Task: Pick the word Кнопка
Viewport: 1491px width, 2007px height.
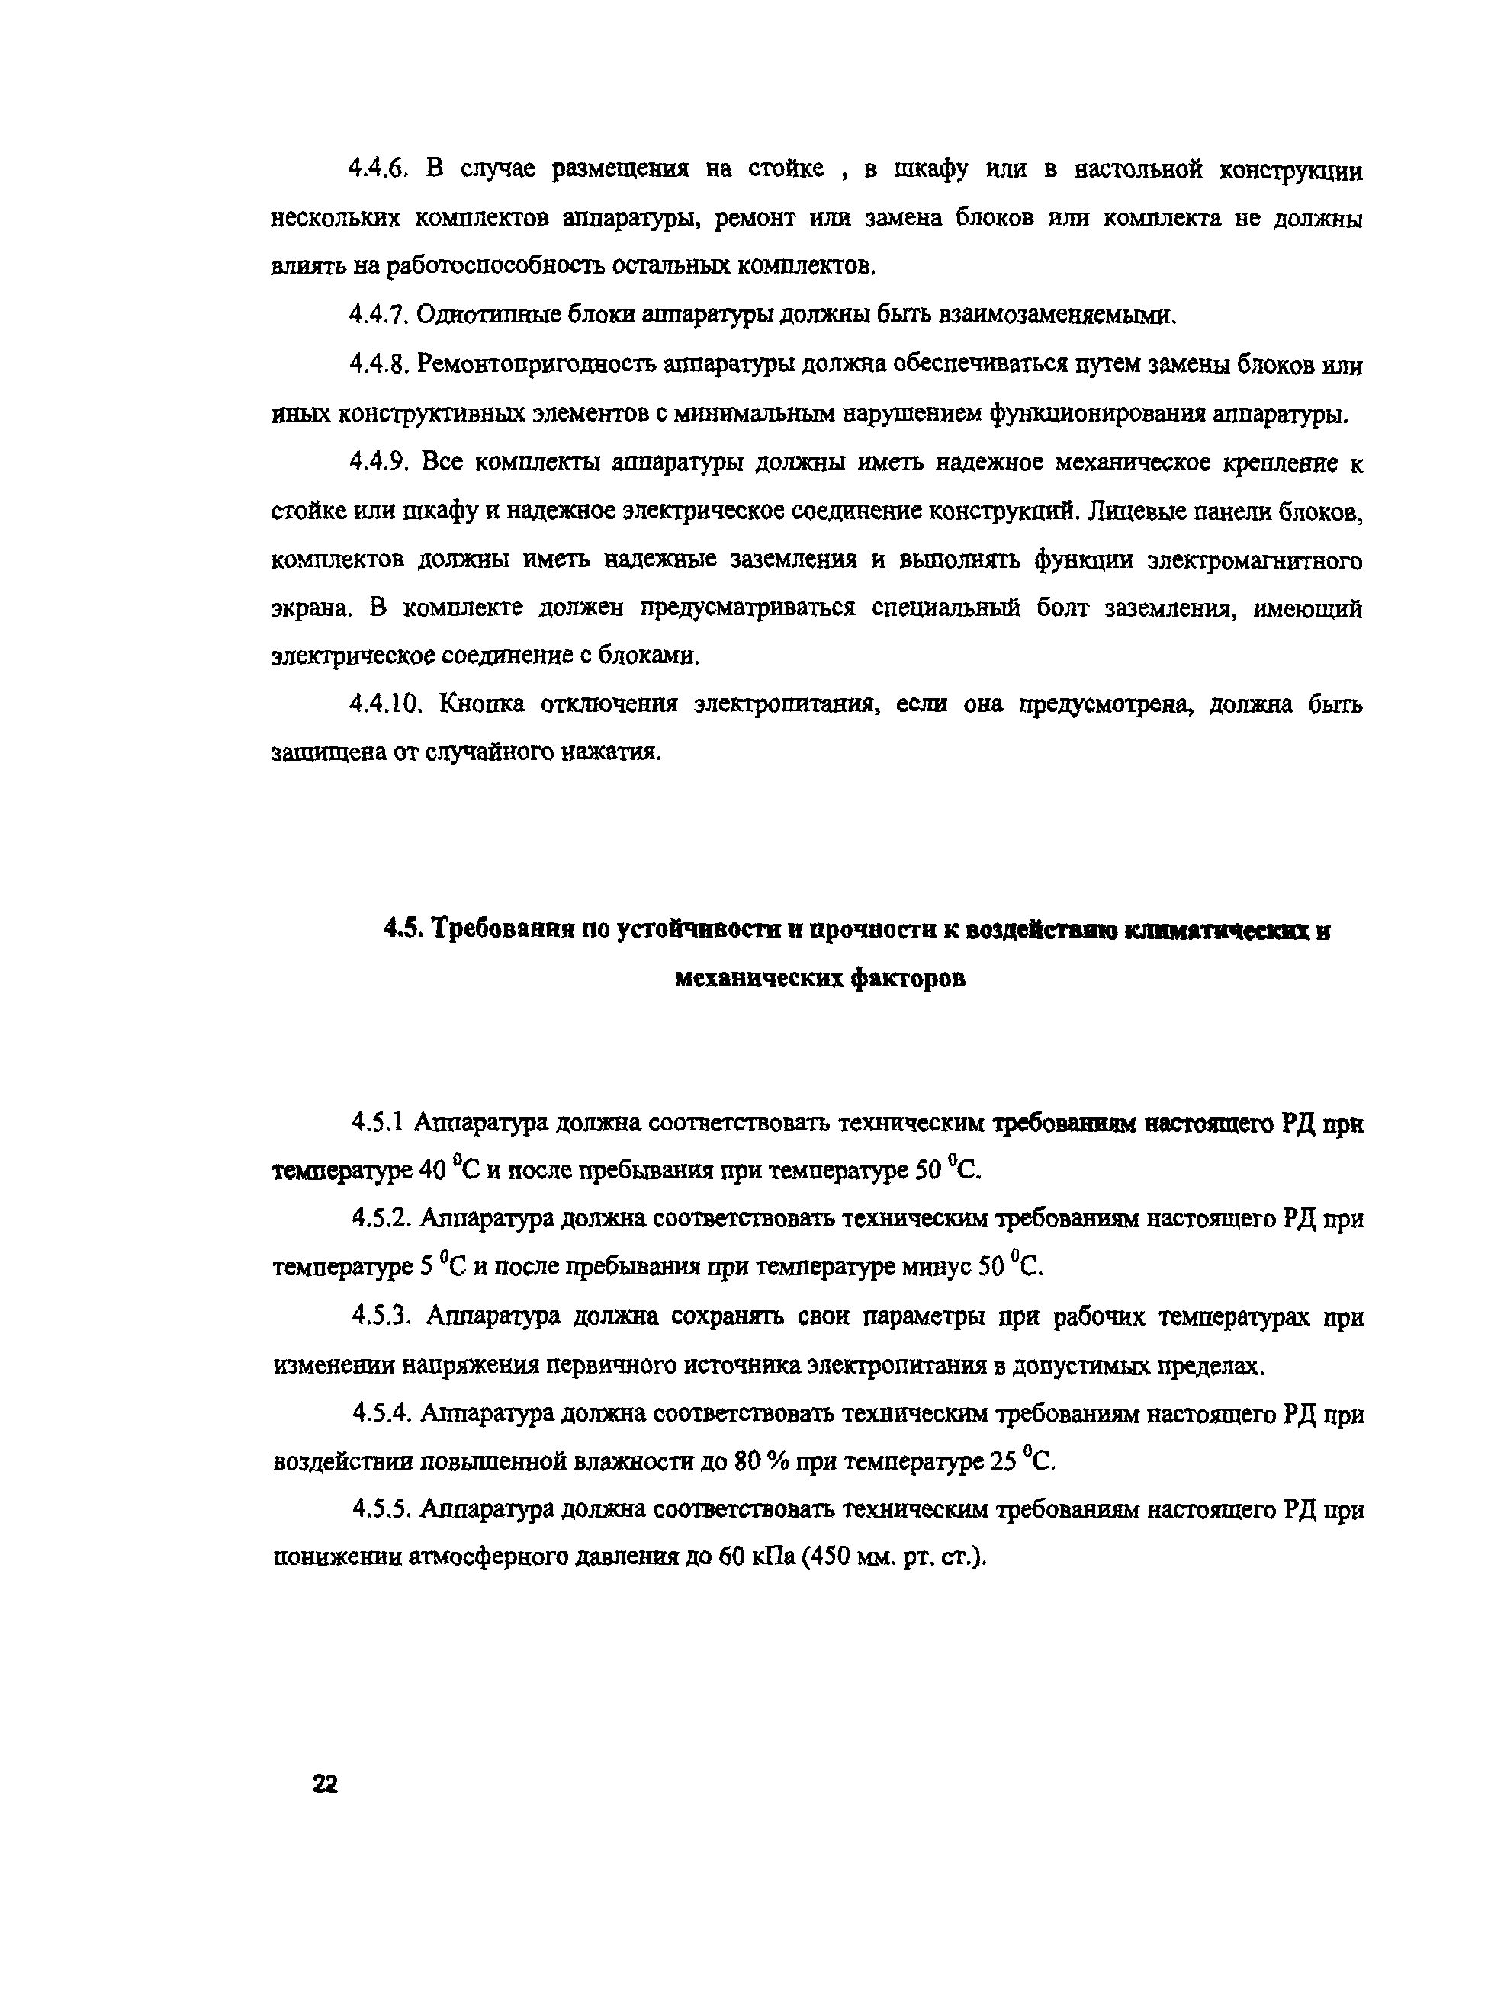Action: coord(482,704)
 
